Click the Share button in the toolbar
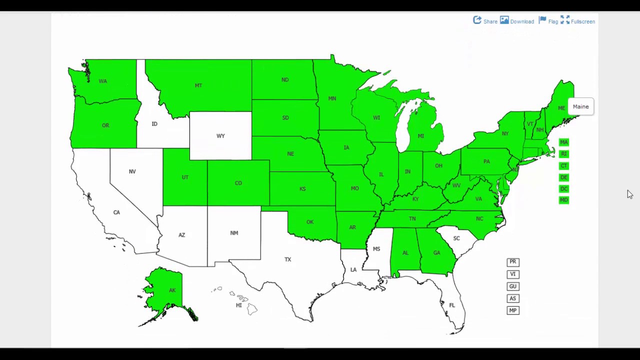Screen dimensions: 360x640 pyautogui.click(x=485, y=21)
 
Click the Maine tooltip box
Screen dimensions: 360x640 pyautogui.click(x=580, y=106)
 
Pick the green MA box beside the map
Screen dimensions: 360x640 pyautogui.click(x=563, y=142)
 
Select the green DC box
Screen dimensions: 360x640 pyautogui.click(x=563, y=188)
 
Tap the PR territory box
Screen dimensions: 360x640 pyautogui.click(x=512, y=262)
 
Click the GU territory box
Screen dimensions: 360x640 pyautogui.click(x=512, y=286)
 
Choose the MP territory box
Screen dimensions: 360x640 pyautogui.click(x=512, y=310)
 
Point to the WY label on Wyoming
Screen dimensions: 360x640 pyautogui.click(x=220, y=136)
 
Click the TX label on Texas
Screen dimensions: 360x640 pyautogui.click(x=287, y=259)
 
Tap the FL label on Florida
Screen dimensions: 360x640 pyautogui.click(x=452, y=305)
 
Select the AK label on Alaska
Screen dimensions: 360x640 pyautogui.click(x=172, y=290)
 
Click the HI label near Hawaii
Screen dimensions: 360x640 pyautogui.click(x=239, y=305)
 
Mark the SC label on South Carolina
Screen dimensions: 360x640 pyautogui.click(x=456, y=238)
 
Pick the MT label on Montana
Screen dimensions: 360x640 pyautogui.click(x=198, y=85)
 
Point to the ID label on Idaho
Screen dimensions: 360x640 pyautogui.click(x=154, y=124)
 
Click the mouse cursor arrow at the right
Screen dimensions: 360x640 pyautogui.click(x=629, y=194)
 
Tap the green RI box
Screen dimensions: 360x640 pyautogui.click(x=563, y=153)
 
